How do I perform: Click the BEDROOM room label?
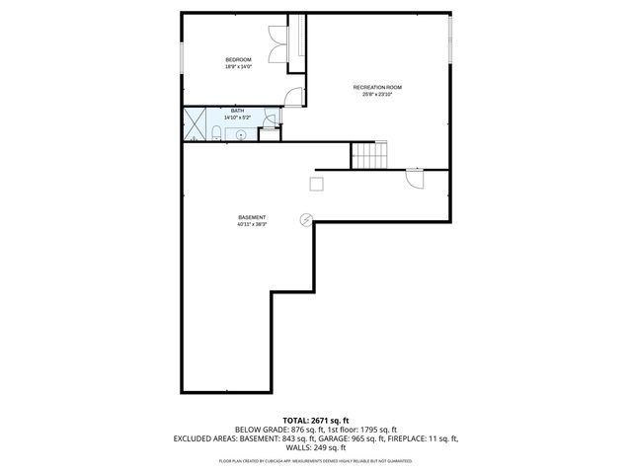238,60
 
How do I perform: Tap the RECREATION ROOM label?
377,88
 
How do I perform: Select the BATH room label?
237,111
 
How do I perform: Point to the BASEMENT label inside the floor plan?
252,217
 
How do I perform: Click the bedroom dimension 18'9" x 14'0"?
238,67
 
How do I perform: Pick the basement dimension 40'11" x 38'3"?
252,224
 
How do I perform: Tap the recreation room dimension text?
377,95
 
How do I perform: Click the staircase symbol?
371,155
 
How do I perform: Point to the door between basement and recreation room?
414,179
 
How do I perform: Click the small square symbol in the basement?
317,183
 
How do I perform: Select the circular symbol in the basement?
306,219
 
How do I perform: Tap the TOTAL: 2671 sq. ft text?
316,421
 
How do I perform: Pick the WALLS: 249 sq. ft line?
316,447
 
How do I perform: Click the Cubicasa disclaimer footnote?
316,461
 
